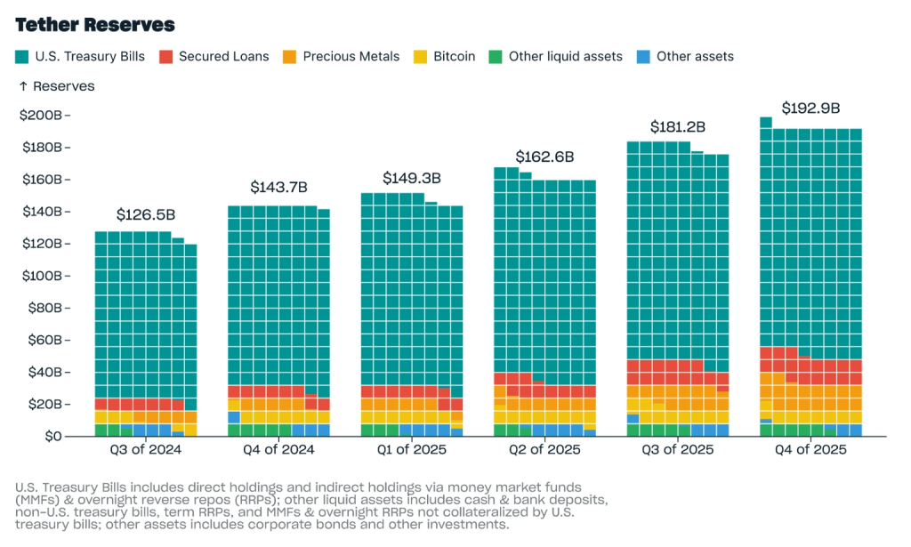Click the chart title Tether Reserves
point(95,25)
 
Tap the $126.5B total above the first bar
point(146,215)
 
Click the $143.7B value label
point(278,188)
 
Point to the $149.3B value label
point(412,179)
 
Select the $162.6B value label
point(544,157)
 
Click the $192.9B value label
point(810,109)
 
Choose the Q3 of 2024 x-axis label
point(146,450)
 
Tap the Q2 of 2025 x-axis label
point(544,450)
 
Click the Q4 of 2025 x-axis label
point(810,450)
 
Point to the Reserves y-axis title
point(56,86)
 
